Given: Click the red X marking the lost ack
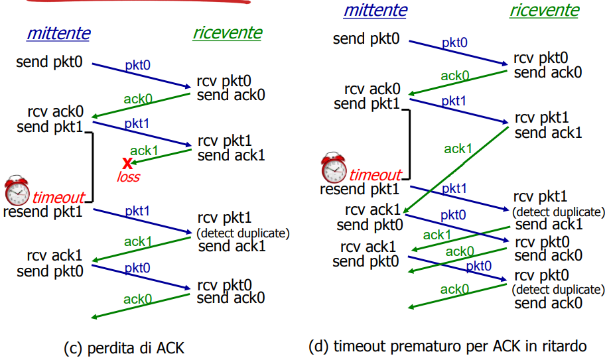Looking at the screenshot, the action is (127, 164).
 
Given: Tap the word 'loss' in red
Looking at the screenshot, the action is (129, 177).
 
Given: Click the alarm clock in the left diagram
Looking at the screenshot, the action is (17, 190).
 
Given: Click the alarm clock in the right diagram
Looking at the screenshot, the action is (334, 168).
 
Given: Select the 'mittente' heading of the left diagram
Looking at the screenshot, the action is (58, 33).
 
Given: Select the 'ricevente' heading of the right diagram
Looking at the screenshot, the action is (544, 11).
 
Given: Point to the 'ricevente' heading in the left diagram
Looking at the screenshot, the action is (228, 33).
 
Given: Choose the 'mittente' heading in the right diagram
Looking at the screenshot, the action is (375, 11).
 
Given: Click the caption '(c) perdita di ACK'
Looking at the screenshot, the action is (124, 348).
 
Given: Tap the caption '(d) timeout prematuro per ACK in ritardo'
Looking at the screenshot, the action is (448, 346).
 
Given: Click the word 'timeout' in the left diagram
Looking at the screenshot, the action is (58, 198).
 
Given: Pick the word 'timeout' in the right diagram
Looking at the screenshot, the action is (375, 175).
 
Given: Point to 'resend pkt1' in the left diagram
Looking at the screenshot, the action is (43, 212).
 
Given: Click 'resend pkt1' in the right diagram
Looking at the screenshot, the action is (360, 190).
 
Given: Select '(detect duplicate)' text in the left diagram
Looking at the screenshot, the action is (243, 233).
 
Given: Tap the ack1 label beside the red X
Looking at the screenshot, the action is (144, 150).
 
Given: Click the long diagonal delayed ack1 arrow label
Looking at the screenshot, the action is (458, 149).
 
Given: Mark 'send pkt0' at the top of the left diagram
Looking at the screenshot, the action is (49, 62).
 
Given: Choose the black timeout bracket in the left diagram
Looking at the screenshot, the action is (92, 167).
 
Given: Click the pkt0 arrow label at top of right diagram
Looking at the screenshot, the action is (454, 42).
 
